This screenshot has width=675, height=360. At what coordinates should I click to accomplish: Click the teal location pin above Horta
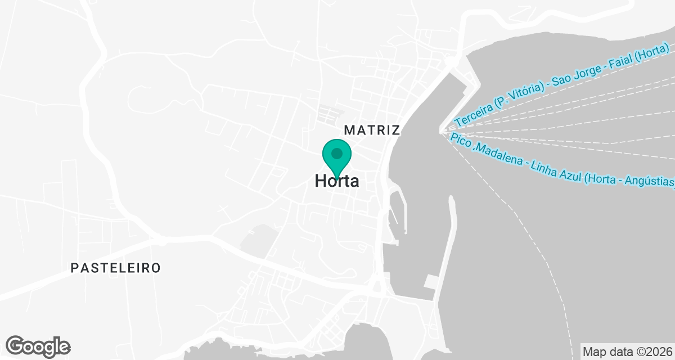[x=336, y=155]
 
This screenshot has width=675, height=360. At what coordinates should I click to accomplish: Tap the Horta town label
[x=336, y=181]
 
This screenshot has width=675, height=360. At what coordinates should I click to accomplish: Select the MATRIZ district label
[x=371, y=130]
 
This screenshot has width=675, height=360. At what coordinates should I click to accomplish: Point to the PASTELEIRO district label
[x=115, y=268]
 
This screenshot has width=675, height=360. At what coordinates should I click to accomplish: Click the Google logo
[x=38, y=346]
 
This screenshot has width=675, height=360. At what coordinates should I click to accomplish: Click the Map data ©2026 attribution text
[x=627, y=352]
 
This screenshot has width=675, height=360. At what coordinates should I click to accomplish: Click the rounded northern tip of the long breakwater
[x=451, y=199]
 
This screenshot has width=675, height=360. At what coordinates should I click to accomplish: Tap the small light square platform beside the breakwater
[x=431, y=281]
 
